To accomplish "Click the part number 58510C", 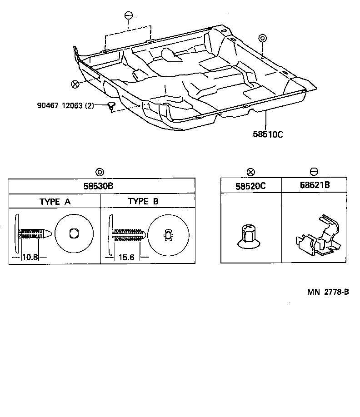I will coord(268,134).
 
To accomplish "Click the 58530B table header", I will coord(102,186).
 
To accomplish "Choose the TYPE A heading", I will coord(55,202).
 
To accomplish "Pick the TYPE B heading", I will coord(143,201).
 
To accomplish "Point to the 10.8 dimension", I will coord(30,257).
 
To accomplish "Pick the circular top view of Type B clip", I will coord(168,235).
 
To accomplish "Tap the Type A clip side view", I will coord(31,233).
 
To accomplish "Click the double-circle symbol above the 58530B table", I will coord(100,172).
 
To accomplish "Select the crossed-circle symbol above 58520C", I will coord(250,172).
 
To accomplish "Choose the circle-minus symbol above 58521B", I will coord(314,172).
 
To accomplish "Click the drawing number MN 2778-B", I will coord(327,292).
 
